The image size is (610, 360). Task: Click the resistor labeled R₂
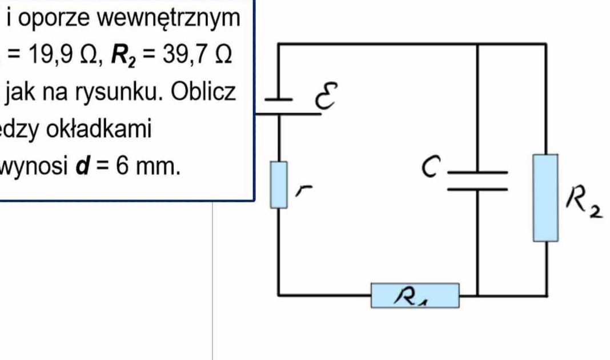pyautogui.click(x=546, y=197)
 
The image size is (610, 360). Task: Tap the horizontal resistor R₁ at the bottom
pyautogui.click(x=415, y=295)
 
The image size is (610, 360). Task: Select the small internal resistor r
pyautogui.click(x=278, y=185)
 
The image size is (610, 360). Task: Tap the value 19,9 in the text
pyautogui.click(x=46, y=55)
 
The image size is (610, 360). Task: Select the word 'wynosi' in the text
pyautogui.click(x=32, y=167)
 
